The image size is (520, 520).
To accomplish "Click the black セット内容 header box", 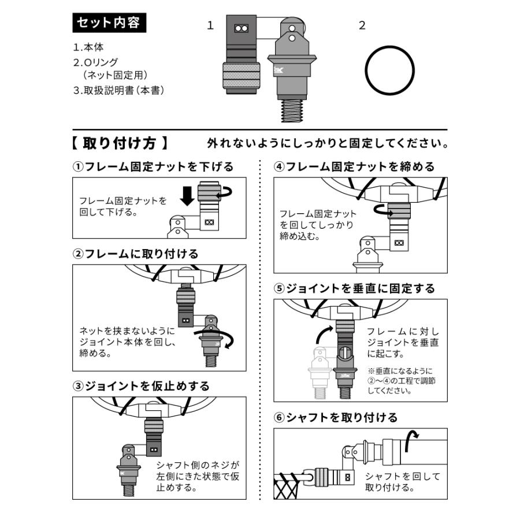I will pos(108,24).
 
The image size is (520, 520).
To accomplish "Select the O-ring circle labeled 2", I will pos(389,70).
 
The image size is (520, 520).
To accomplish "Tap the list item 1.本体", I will pos(88,47).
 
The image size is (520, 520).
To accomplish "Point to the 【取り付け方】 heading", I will pos(121,143).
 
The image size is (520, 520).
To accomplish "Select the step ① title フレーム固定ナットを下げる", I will pos(153,167).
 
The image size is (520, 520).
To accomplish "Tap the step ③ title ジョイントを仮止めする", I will pos(141,385).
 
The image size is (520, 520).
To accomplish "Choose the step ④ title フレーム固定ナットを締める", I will pos(354,167).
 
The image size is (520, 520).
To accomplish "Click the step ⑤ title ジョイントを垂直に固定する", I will pos(354,288).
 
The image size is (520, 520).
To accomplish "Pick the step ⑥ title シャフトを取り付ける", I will pos(336,417).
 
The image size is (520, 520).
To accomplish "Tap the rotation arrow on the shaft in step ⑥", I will pos(412,440).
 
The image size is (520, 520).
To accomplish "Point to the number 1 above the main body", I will pos(210,25).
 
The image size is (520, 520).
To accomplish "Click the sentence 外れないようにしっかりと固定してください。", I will pos(328,143).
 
